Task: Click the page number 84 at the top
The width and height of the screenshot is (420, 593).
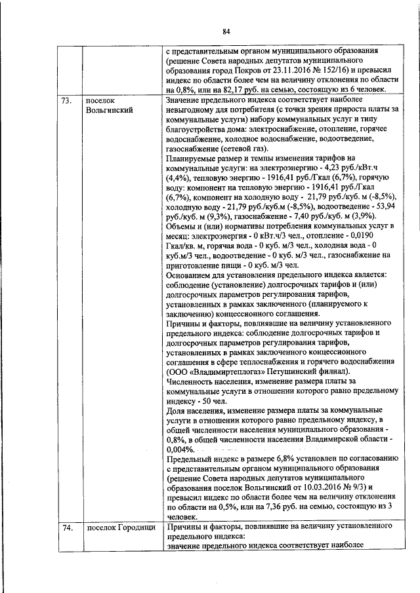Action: pos(226,31)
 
